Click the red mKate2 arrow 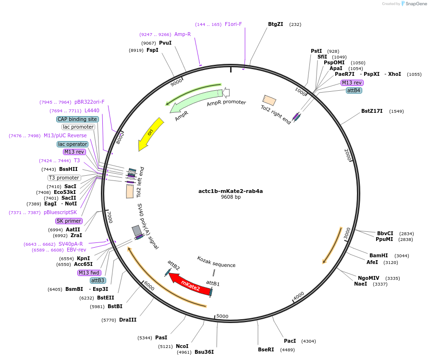coord(190,284)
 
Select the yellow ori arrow coord(150,133)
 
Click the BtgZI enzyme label coord(276,24)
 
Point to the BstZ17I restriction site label coord(372,111)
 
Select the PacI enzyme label coord(290,341)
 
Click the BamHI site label coord(379,255)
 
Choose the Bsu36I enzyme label coord(204,352)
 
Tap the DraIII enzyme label coord(128,320)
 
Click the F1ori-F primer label coord(233,24)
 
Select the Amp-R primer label coord(183,35)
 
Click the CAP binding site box coord(78,119)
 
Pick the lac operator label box coord(73,144)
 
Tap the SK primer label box coord(69,221)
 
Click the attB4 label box coord(354,90)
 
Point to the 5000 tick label coord(222,316)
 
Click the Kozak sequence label coord(216,264)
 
